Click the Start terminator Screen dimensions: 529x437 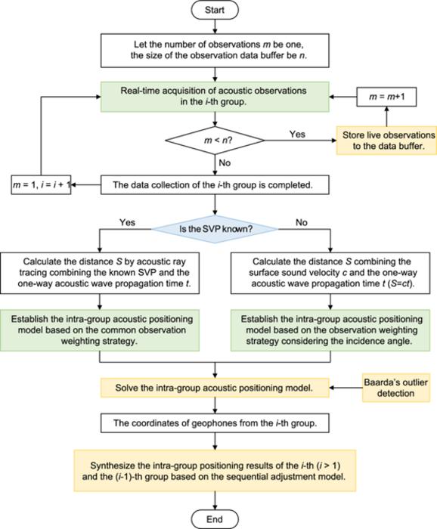click(x=218, y=11)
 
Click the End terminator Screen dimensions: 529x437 click(x=218, y=518)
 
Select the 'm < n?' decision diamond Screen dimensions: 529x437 click(x=218, y=141)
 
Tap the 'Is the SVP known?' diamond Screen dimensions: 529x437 click(x=218, y=224)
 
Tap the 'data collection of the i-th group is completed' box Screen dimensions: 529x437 click(x=218, y=184)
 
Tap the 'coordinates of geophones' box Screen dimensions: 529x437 click(x=218, y=424)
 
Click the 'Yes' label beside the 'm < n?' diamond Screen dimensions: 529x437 click(x=299, y=133)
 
